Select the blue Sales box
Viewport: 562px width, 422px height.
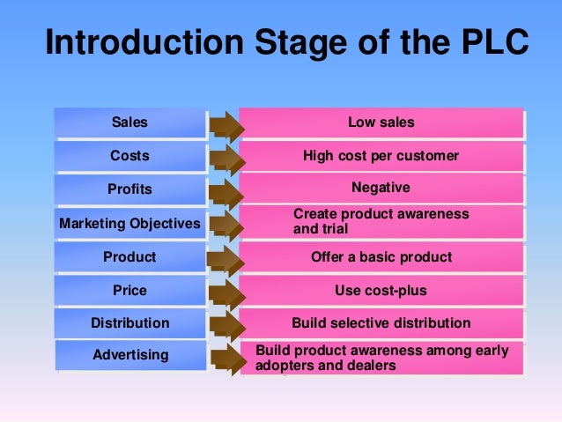[130, 122]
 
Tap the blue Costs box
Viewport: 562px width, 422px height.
[130, 156]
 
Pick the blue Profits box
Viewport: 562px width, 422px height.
[130, 189]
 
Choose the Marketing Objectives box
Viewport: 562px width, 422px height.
[130, 224]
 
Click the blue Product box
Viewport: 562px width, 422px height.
[130, 257]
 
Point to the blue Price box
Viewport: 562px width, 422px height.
[130, 290]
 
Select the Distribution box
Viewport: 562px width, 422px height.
[130, 323]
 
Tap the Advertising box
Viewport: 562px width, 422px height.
[130, 355]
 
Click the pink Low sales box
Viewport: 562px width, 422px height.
[381, 122]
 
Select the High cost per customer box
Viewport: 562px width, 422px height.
[381, 156]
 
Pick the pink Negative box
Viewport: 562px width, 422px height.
[381, 188]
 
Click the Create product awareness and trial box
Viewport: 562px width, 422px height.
[381, 222]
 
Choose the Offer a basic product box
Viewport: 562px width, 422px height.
[381, 257]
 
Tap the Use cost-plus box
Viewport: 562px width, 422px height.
[381, 290]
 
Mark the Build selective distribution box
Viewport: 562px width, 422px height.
[381, 323]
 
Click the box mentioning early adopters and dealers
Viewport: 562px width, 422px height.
[381, 357]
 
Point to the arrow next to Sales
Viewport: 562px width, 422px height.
[226, 125]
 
